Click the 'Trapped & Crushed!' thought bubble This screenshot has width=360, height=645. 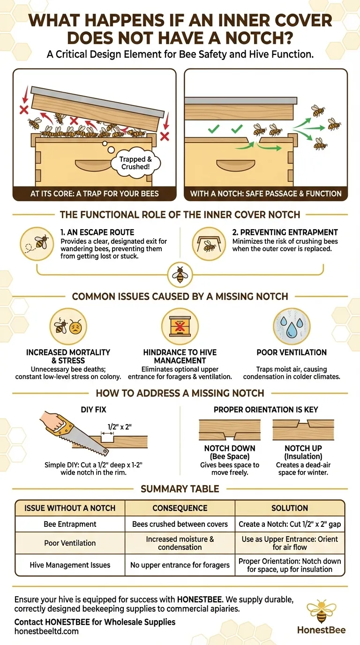(x=135, y=163)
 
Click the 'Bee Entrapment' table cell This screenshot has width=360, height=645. (x=70, y=524)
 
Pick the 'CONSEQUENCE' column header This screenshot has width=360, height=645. (x=180, y=508)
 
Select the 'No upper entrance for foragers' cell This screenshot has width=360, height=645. (x=180, y=565)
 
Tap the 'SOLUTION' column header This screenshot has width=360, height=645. (x=290, y=508)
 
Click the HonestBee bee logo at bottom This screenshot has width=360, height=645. (x=322, y=611)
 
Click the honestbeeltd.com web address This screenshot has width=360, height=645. (x=46, y=631)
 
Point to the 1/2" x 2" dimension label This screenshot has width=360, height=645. (x=120, y=427)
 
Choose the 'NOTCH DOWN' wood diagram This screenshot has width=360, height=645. (x=230, y=430)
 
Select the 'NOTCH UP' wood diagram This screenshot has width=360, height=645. (x=303, y=430)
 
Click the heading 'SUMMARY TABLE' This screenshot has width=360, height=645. (x=180, y=488)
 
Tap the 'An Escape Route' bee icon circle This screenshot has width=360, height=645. (x=37, y=244)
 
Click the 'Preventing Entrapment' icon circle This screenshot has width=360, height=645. (x=209, y=244)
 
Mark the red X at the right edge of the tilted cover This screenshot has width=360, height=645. (x=165, y=136)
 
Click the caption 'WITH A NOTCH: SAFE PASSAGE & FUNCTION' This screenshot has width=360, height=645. (x=265, y=194)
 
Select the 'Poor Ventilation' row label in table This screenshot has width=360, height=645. (x=70, y=543)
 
